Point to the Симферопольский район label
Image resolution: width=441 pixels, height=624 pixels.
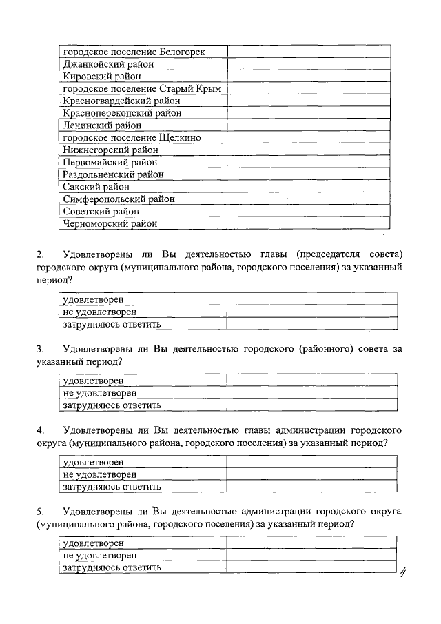tap(119, 199)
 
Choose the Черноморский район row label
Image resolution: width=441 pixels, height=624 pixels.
tap(110, 223)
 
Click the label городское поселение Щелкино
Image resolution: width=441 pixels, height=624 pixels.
tap(132, 138)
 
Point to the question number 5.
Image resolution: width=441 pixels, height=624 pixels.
tap(41, 511)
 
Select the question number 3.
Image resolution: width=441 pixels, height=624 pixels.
tap(41, 349)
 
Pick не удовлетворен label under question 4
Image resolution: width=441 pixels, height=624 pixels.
tap(100, 474)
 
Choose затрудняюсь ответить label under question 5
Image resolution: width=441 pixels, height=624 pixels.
tap(112, 567)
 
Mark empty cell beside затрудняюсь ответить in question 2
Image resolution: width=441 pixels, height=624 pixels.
tap(312, 324)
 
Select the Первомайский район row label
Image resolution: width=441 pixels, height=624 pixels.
tap(110, 163)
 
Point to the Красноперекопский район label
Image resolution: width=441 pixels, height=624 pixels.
tap(122, 113)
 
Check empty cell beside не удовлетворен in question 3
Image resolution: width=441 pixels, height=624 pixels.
tap(312, 393)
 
